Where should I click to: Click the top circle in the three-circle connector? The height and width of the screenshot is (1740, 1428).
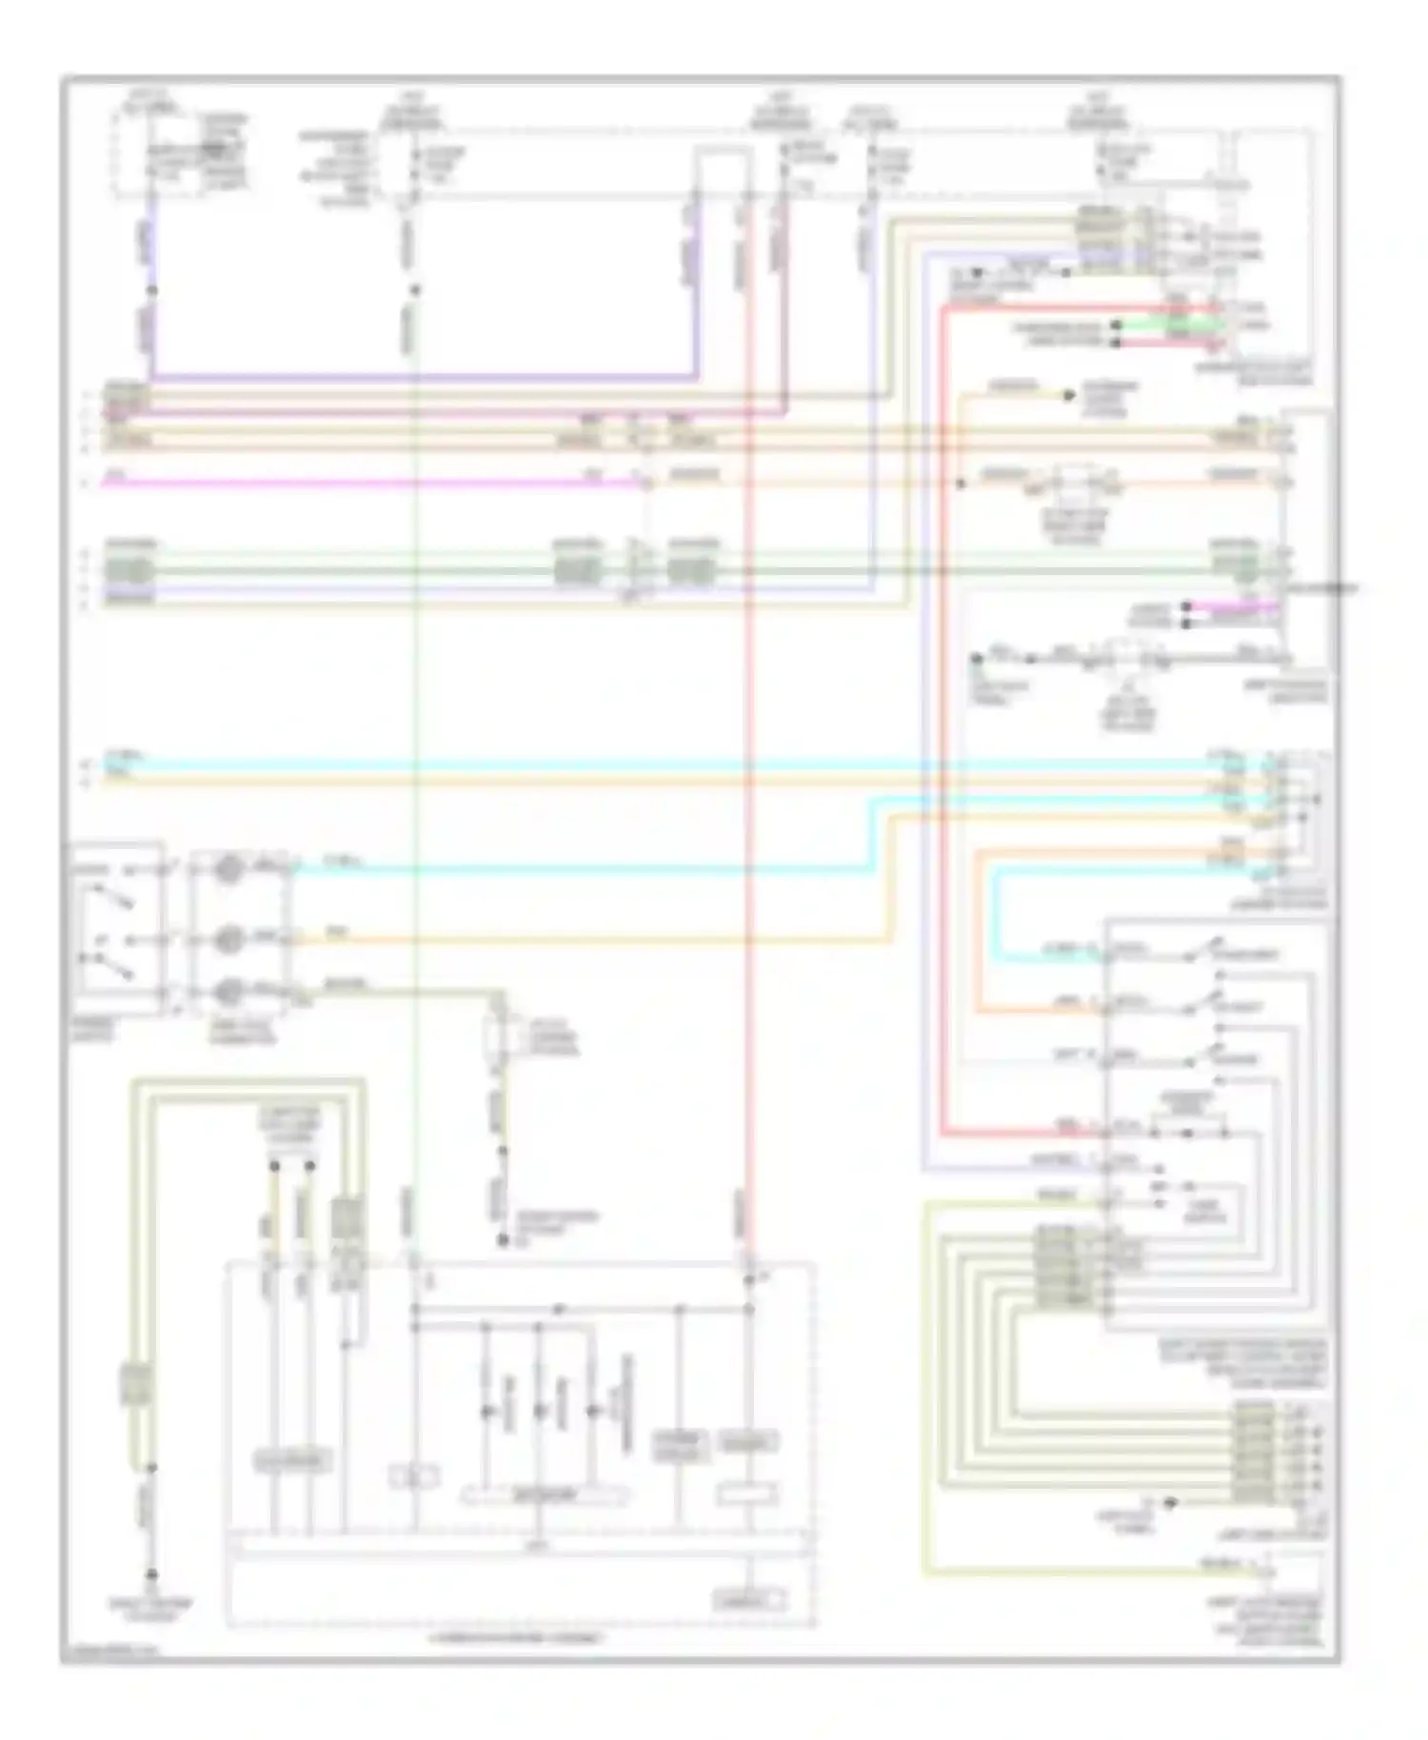(x=228, y=868)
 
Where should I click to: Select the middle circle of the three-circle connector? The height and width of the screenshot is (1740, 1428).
(x=228, y=939)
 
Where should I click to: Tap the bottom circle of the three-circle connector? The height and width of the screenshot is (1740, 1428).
(x=228, y=993)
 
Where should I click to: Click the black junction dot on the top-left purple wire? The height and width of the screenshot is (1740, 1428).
(x=151, y=290)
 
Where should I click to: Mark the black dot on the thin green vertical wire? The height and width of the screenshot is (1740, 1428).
(x=414, y=290)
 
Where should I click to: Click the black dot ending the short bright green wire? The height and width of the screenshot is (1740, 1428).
(x=1116, y=326)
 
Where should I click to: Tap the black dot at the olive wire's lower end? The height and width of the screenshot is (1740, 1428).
(x=503, y=1240)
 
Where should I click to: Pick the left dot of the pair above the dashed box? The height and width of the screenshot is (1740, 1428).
(x=274, y=1165)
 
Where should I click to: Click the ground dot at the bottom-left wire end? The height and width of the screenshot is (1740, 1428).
(x=150, y=1575)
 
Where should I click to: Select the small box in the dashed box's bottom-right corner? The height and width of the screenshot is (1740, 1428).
(x=751, y=1600)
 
